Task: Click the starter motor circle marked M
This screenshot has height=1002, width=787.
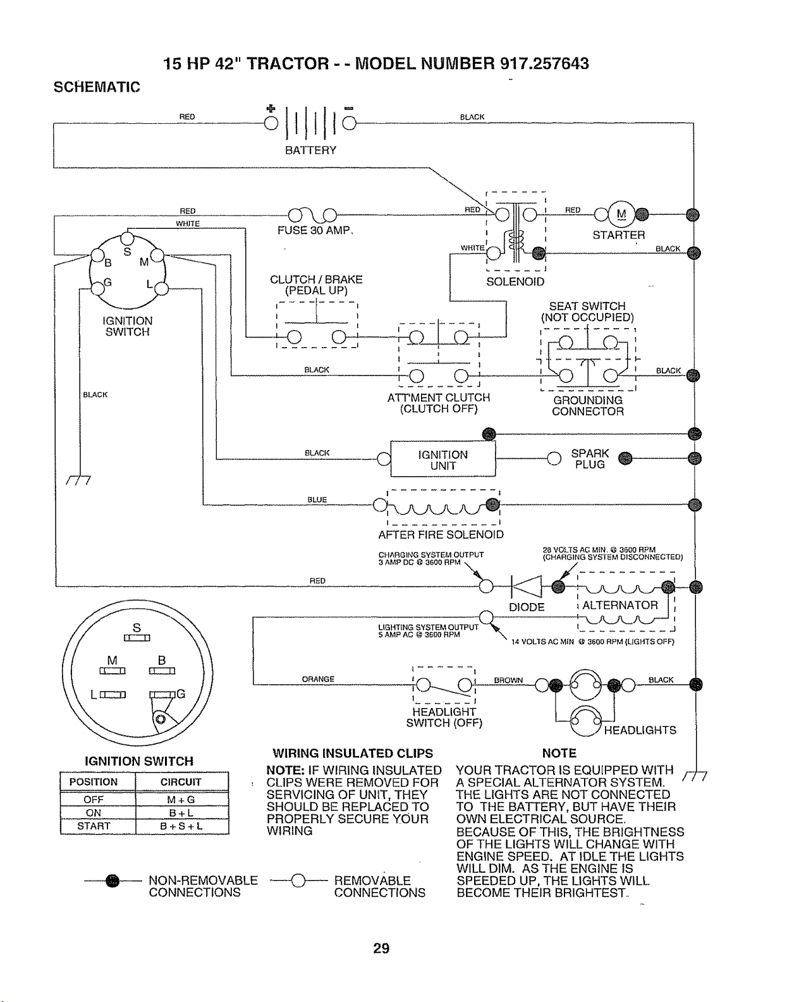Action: pyautogui.click(x=621, y=214)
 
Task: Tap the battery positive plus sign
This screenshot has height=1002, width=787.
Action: pyautogui.click(x=271, y=109)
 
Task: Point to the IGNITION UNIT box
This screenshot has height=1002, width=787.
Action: pyautogui.click(x=443, y=459)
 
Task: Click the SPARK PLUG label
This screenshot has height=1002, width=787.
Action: pyautogui.click(x=590, y=459)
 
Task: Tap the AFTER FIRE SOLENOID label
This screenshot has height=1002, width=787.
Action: pyautogui.click(x=441, y=534)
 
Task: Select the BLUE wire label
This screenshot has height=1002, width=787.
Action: pyautogui.click(x=317, y=499)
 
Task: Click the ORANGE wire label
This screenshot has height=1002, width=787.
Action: pyautogui.click(x=318, y=679)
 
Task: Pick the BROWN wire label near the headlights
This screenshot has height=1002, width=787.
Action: pyautogui.click(x=508, y=680)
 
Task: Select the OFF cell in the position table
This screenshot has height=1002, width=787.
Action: pyautogui.click(x=94, y=799)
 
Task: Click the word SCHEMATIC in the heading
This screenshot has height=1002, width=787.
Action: pyautogui.click(x=97, y=87)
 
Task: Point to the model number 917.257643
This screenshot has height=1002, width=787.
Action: pyautogui.click(x=544, y=63)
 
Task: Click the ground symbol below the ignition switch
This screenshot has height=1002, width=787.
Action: pyautogui.click(x=78, y=480)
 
